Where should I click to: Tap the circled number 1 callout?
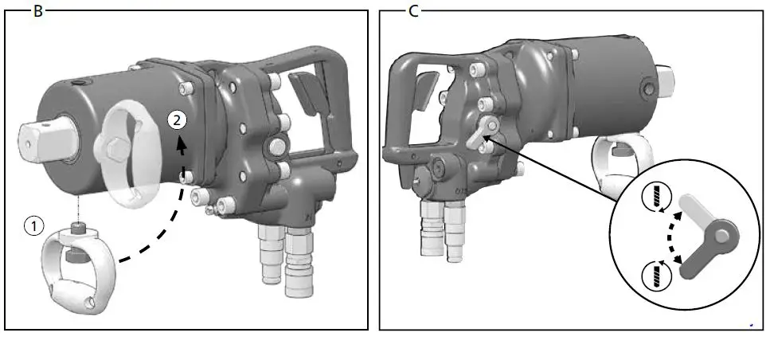pos(33,226)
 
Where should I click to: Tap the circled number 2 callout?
pos(178,120)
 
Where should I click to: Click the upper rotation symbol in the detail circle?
pos(659,198)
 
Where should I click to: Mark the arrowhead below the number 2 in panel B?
pos(182,147)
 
